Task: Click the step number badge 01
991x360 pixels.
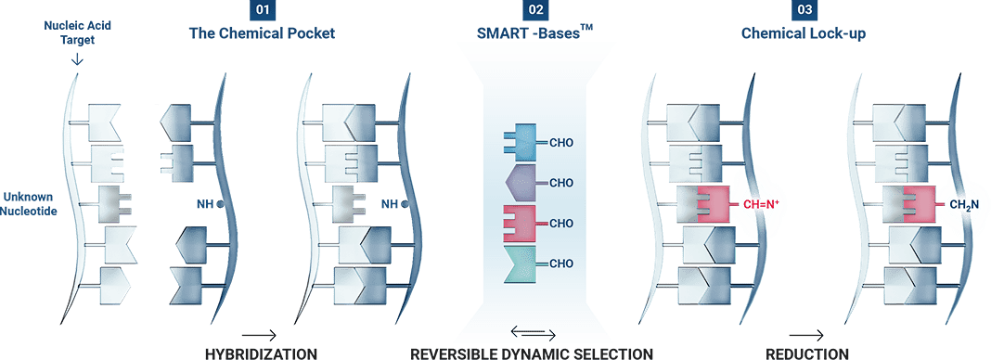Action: tap(262, 12)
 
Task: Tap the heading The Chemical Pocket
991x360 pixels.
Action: tap(262, 34)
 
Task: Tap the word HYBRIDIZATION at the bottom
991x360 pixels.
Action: tap(261, 353)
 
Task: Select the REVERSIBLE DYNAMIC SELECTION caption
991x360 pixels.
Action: tap(533, 353)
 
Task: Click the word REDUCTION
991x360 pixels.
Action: tap(807, 353)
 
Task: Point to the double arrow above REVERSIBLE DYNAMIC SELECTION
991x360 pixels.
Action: tap(534, 334)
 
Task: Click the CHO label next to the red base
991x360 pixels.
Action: tap(562, 224)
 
